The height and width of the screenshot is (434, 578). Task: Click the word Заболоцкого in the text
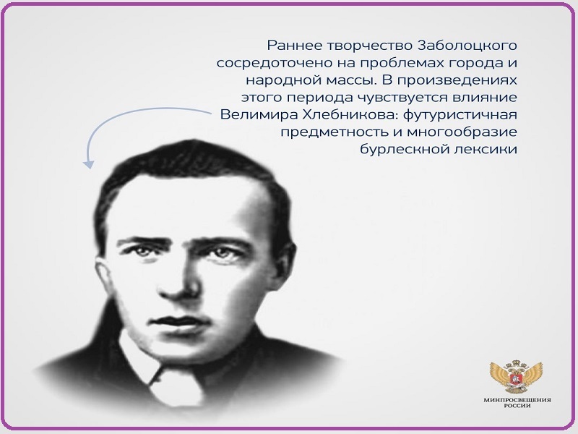coord(467,46)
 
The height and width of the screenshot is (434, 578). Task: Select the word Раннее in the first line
coord(294,46)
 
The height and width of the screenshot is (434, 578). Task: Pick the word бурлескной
coord(404,150)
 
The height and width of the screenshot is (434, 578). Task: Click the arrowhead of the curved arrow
coord(88,164)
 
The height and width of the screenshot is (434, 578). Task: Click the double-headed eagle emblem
coord(516,377)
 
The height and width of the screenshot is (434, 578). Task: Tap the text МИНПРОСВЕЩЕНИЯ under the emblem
coord(517,400)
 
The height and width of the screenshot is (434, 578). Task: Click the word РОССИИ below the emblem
coord(517,406)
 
